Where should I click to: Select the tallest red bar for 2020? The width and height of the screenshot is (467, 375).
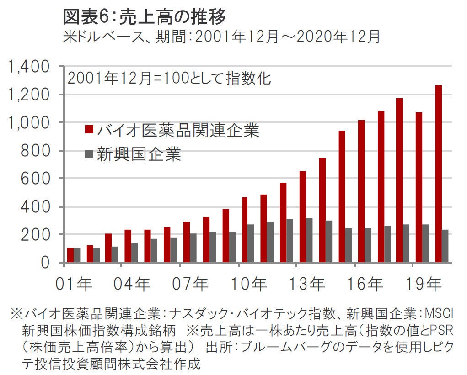[x=438, y=174]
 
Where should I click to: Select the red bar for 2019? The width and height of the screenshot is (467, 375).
[x=419, y=187]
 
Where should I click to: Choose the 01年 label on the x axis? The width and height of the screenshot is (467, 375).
[x=74, y=285]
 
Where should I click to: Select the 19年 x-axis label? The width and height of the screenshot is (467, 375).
[x=423, y=285]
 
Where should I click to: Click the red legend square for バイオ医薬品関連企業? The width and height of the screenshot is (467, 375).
[x=89, y=131]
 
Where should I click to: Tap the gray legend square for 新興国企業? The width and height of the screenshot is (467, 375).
[x=89, y=154]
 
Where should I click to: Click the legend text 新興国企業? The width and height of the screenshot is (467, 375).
[x=139, y=154]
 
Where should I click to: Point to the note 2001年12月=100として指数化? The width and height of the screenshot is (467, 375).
[x=169, y=78]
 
